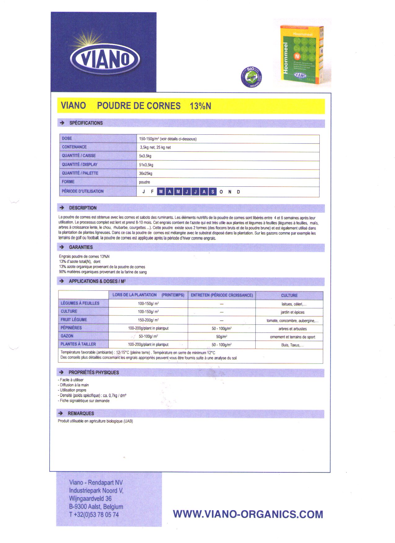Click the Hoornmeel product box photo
tap(301, 53)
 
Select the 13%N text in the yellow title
tap(200, 106)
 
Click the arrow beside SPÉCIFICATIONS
tap(62, 123)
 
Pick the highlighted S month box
tap(213, 192)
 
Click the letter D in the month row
tap(238, 192)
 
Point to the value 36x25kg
tap(146, 173)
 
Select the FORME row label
tap(68, 182)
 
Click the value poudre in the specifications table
tap(144, 182)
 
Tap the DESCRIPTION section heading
tap(83, 208)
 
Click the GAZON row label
tap(67, 336)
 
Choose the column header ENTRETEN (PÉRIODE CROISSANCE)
tap(222, 295)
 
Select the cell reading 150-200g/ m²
tap(148, 320)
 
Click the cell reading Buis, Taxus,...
tap(292, 345)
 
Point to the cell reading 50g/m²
tap(222, 337)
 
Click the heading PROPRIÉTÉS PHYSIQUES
tap(94, 372)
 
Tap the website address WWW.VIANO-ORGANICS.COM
tap(248, 514)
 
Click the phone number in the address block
tap(94, 515)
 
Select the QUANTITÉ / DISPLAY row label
tap(80, 164)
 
